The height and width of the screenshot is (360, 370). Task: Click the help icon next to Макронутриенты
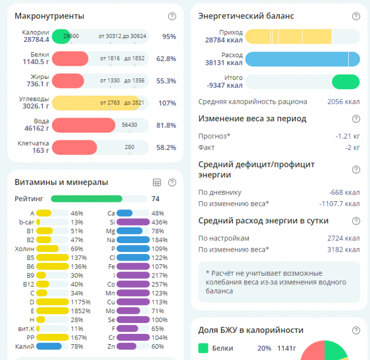(x=172, y=16)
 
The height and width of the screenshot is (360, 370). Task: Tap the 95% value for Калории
(x=169, y=36)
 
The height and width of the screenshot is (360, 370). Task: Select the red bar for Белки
(x=70, y=58)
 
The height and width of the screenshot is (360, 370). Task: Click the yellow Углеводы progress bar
(x=96, y=103)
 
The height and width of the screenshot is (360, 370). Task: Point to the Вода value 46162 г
(x=36, y=129)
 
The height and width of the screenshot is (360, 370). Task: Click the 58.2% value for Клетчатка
(x=166, y=147)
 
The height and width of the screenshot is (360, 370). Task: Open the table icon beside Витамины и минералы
(x=157, y=183)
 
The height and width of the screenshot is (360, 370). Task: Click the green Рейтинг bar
(x=87, y=198)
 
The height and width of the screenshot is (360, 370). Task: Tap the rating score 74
(x=156, y=198)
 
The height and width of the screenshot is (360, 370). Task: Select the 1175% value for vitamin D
(x=79, y=301)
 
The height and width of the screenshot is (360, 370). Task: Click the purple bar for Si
(x=133, y=222)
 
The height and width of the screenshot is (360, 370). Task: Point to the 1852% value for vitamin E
(x=79, y=311)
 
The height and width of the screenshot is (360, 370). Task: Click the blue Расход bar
(x=302, y=59)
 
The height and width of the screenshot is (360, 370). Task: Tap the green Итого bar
(x=346, y=82)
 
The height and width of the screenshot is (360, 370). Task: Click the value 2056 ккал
(x=343, y=102)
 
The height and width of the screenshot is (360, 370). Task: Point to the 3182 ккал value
(x=343, y=250)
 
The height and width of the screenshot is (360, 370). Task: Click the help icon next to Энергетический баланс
(x=356, y=16)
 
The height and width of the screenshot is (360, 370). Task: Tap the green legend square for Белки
(x=203, y=348)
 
